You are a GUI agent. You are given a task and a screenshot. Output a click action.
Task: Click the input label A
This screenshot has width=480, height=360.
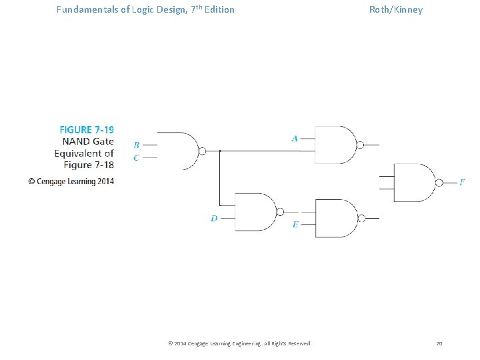(x=295, y=139)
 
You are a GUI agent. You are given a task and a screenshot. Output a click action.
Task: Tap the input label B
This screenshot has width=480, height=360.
(x=137, y=145)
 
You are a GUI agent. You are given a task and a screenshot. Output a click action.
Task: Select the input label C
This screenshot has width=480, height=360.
(x=137, y=158)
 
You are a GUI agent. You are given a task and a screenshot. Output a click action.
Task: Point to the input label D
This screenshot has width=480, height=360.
(x=214, y=218)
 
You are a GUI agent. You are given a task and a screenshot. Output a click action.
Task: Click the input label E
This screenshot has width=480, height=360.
(x=295, y=225)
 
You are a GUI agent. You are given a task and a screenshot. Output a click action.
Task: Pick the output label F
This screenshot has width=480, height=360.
(x=462, y=181)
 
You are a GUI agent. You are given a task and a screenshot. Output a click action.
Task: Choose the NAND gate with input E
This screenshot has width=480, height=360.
(x=337, y=218)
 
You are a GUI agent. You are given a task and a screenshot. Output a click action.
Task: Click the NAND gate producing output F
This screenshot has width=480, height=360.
(x=415, y=182)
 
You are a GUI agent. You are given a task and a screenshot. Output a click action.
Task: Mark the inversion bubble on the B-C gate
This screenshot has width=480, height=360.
(x=202, y=151)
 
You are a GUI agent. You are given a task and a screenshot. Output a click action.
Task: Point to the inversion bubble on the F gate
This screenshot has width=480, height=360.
(x=439, y=182)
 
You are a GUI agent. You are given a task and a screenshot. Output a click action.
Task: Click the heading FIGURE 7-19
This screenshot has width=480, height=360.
(x=87, y=129)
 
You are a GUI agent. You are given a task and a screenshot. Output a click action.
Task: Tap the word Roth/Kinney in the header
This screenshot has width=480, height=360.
(x=396, y=9)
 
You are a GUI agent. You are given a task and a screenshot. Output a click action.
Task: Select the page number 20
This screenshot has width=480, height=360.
(x=439, y=343)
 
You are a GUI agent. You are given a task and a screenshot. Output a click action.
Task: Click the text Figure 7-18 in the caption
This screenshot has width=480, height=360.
(x=89, y=165)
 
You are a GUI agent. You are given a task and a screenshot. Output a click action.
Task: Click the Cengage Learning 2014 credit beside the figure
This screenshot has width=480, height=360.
(x=71, y=181)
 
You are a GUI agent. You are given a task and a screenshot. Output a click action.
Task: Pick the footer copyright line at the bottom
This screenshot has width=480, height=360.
(x=239, y=343)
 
